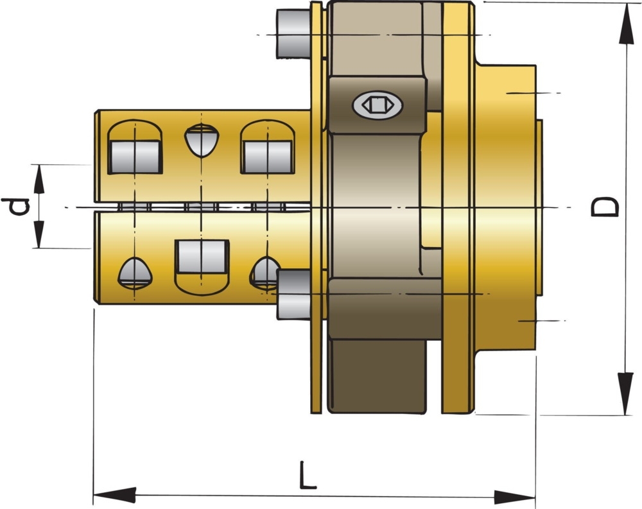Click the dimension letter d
pyautogui.click(x=16, y=207)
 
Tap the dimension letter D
pyautogui.click(x=605, y=207)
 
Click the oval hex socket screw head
pyautogui.click(x=377, y=104)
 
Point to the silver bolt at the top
pyautogui.click(x=293, y=33)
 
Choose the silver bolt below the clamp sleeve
pyautogui.click(x=293, y=294)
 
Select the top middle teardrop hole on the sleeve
pyautogui.click(x=202, y=141)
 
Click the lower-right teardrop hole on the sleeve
pyautogui.click(x=264, y=272)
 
